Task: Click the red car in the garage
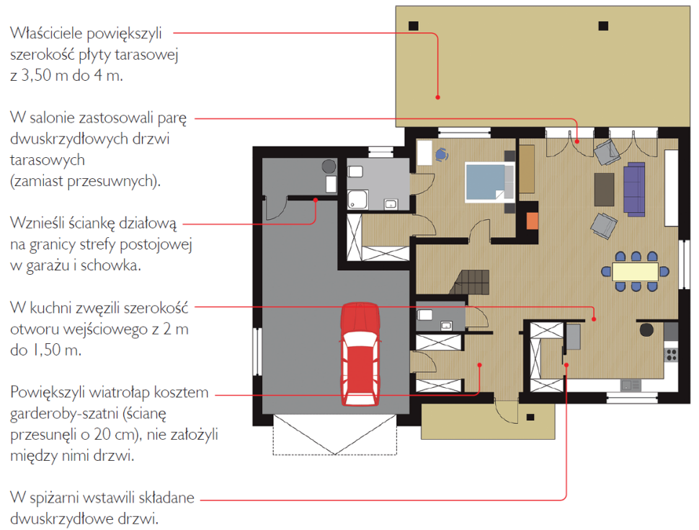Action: tap(360, 354)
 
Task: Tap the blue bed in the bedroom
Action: tap(489, 182)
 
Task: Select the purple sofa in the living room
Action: tap(634, 189)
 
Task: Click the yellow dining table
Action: tap(636, 272)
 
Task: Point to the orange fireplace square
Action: tap(533, 221)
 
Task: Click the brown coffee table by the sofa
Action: tap(604, 190)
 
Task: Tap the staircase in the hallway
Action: tap(472, 282)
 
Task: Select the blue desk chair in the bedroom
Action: tap(441, 154)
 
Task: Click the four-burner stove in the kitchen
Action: tap(672, 355)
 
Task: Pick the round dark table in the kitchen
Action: tap(646, 330)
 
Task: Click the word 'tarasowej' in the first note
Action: tap(146, 54)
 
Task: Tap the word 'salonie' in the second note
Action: tap(53, 118)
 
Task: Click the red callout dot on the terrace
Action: tap(437, 97)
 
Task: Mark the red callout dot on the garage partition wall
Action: tap(315, 200)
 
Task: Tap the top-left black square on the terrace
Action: tap(413, 26)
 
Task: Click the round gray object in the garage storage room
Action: tap(329, 167)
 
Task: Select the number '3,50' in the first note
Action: tap(35, 76)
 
